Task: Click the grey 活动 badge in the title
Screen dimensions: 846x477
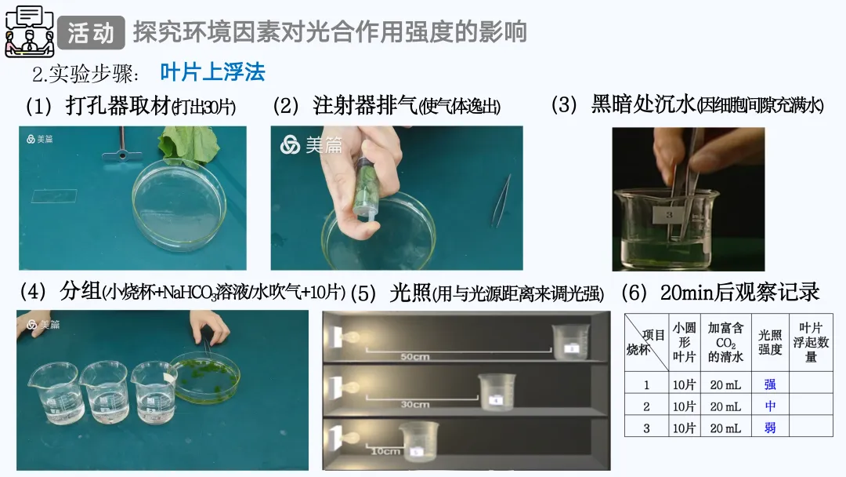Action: coord(91,32)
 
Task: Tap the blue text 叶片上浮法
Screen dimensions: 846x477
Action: coord(212,72)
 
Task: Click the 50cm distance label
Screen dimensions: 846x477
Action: coord(415,356)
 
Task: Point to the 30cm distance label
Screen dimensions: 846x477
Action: coord(415,404)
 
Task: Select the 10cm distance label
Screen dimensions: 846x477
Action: coord(385,451)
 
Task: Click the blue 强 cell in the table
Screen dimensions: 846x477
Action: coord(770,384)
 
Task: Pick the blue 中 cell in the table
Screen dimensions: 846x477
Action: coord(770,406)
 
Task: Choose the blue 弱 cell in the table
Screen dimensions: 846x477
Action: coord(770,428)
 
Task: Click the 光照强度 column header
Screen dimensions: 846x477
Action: coord(770,343)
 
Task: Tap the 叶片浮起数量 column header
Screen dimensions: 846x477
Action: coord(811,343)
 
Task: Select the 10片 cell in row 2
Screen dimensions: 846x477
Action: coord(684,406)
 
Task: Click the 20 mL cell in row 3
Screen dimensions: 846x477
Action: coord(725,428)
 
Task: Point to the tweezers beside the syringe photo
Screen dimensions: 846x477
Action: coord(501,200)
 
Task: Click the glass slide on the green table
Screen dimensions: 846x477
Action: coord(54,195)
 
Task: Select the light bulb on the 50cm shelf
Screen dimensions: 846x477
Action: coord(348,338)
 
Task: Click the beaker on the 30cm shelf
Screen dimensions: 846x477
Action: coord(497,391)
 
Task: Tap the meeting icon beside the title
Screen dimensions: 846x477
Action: coord(29,32)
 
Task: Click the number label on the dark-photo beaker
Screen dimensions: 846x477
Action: coord(669,215)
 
